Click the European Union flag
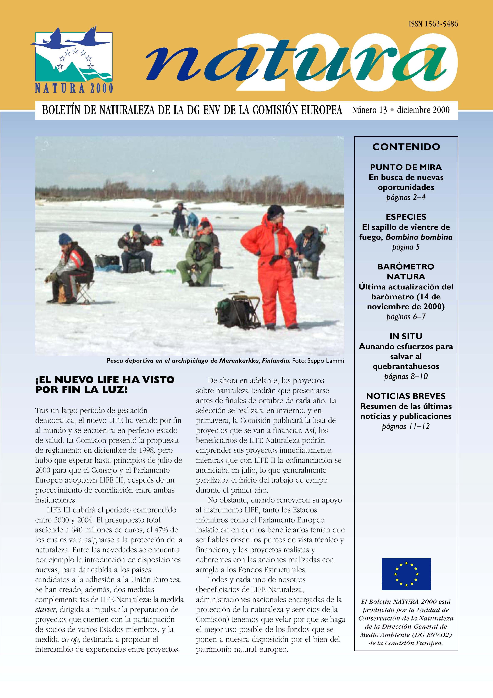tap(406, 574)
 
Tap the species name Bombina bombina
tap(419, 237)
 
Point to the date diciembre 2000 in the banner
tap(423, 110)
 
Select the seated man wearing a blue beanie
tap(71, 269)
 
